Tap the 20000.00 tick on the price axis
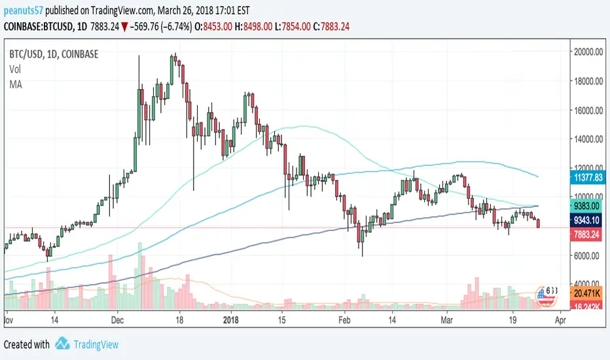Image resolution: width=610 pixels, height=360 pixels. pyautogui.click(x=586, y=53)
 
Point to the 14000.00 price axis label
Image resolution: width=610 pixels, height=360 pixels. pyautogui.click(x=586, y=139)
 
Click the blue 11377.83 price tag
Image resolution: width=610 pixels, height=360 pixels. pyautogui.click(x=586, y=177)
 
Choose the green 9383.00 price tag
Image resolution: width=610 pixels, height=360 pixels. pyautogui.click(x=586, y=206)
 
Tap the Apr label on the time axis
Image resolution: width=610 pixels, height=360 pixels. pyautogui.click(x=560, y=321)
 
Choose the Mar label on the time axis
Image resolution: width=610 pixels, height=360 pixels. pyautogui.click(x=447, y=321)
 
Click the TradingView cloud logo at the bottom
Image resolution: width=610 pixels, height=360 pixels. pyautogui.click(x=63, y=344)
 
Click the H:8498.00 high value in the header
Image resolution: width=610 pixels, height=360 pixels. pyautogui.click(x=295, y=24)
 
